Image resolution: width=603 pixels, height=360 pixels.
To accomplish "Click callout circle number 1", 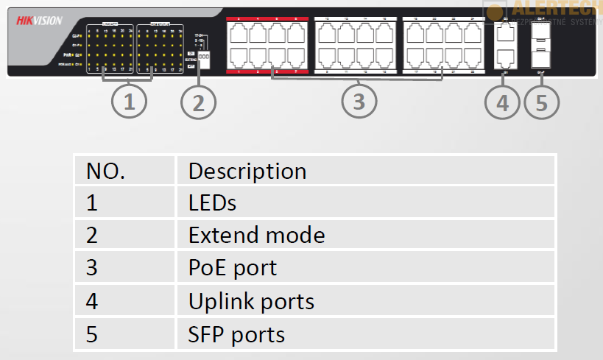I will [130, 102].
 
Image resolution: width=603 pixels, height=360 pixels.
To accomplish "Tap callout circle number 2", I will [198, 102].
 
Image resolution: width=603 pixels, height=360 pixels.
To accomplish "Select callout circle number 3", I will [359, 102].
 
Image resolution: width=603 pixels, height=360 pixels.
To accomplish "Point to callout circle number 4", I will [502, 102].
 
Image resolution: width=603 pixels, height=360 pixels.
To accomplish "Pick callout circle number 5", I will [542, 102].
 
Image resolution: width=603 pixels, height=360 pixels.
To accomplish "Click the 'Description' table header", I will [247, 171].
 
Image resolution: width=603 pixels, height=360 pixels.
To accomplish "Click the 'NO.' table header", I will [106, 171].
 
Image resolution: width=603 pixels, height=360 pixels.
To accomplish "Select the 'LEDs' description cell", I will [212, 203].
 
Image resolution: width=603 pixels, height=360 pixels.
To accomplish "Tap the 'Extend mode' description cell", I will [256, 236].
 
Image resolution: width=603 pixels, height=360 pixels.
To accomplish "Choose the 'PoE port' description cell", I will [233, 267].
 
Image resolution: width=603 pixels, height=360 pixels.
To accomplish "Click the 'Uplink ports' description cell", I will [251, 301].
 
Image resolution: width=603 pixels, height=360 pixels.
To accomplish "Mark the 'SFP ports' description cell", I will [236, 334].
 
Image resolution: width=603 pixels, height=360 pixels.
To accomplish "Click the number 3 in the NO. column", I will [92, 268].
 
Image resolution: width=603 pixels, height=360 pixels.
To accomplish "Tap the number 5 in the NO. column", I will [92, 334].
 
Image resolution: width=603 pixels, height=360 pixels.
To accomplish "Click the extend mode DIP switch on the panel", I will [204, 57].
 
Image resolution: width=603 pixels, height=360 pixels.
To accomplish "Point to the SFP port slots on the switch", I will [541, 45].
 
